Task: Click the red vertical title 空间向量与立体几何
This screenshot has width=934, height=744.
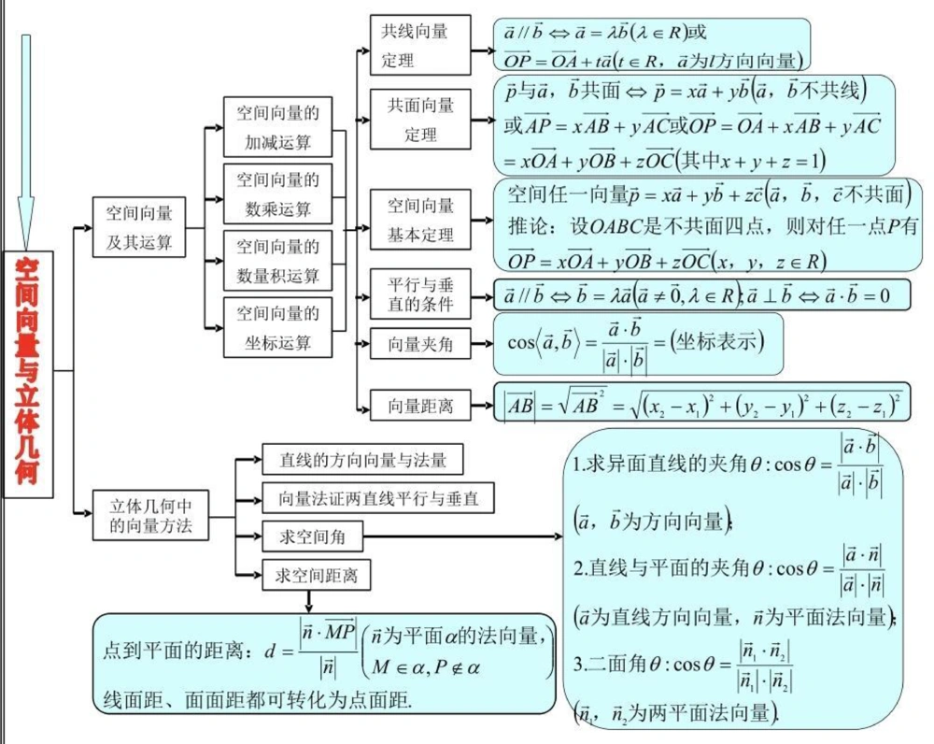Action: tap(28, 374)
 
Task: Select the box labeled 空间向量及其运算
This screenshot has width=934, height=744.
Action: tap(139, 227)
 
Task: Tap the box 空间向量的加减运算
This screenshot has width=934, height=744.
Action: tap(277, 127)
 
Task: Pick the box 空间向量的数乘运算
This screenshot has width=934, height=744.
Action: tap(277, 193)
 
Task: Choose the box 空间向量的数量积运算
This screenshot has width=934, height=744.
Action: tap(277, 261)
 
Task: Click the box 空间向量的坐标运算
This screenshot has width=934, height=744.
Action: tap(277, 327)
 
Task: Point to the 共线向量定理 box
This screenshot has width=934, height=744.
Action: tap(419, 46)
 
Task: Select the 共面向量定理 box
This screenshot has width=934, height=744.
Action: tap(420, 120)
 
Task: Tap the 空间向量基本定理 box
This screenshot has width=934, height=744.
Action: tap(420, 220)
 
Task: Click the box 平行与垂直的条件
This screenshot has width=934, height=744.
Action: tap(420, 293)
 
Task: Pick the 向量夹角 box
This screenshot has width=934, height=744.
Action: tap(420, 344)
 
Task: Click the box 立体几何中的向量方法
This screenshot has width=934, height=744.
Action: tap(150, 515)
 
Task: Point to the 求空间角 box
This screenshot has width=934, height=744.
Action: tap(313, 537)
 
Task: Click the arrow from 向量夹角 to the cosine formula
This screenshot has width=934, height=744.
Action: tap(481, 344)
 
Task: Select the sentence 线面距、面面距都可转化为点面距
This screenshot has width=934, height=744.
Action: tap(257, 699)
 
